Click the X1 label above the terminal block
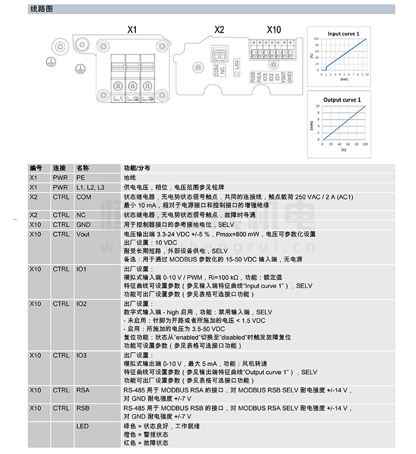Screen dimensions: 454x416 [131, 30]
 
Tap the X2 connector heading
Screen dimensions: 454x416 [219, 30]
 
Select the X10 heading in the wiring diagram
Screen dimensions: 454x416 [274, 30]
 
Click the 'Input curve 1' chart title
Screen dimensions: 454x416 [343, 34]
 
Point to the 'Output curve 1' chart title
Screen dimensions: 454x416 [342, 100]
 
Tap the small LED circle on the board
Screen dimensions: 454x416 [235, 71]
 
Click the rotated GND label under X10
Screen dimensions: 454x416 [290, 77]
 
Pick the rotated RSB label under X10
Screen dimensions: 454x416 [253, 76]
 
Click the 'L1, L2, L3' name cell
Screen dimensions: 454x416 [90, 187]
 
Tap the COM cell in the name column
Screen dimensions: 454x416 [83, 197]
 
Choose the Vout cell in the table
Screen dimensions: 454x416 [83, 234]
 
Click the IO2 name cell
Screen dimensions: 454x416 [82, 304]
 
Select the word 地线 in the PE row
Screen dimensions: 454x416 [129, 178]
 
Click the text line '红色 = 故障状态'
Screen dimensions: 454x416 [146, 442]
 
